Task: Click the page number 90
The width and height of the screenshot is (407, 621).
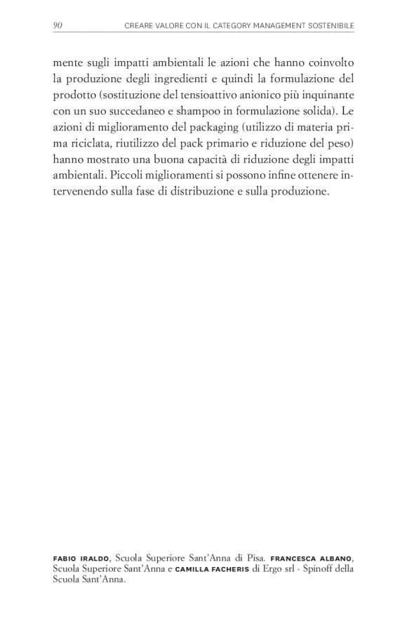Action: (x=58, y=26)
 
